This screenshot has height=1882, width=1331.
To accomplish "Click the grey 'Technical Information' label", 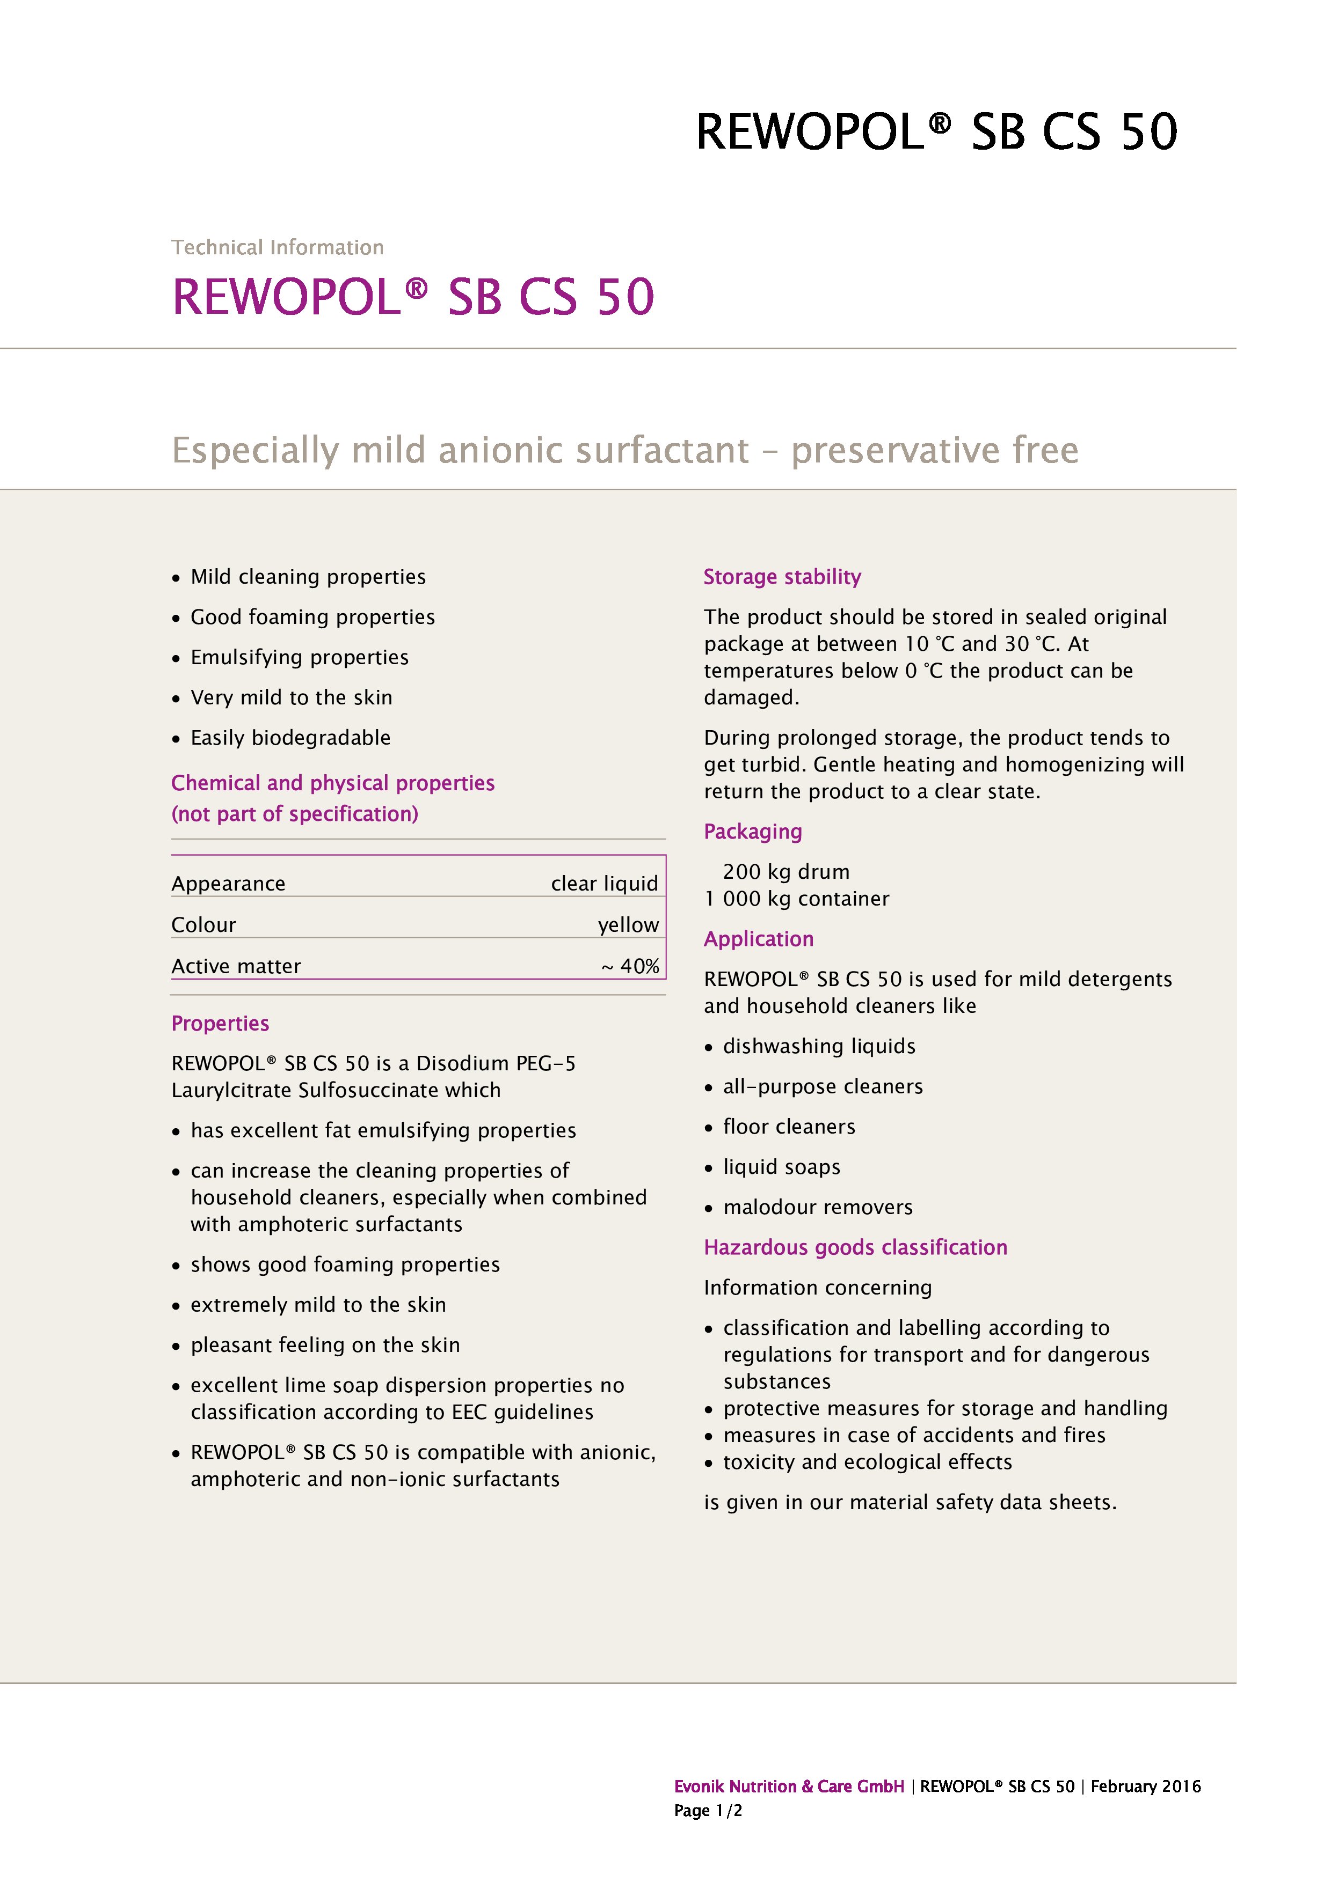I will point(277,247).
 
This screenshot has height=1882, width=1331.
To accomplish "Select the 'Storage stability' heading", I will point(782,577).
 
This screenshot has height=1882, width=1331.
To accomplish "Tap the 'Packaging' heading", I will point(752,832).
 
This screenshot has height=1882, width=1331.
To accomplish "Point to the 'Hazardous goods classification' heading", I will point(855,1247).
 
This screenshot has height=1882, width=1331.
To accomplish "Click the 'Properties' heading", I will point(220,1024).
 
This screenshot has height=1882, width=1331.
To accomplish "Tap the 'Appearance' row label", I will point(228,884).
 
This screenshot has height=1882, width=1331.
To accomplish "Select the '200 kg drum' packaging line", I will point(785,872).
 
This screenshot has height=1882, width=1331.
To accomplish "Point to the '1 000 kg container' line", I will point(796,899).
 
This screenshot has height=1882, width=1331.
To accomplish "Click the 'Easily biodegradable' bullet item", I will point(290,739).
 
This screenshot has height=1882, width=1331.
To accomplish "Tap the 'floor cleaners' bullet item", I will point(788,1127).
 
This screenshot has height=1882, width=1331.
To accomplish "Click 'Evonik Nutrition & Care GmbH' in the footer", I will point(788,1787).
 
